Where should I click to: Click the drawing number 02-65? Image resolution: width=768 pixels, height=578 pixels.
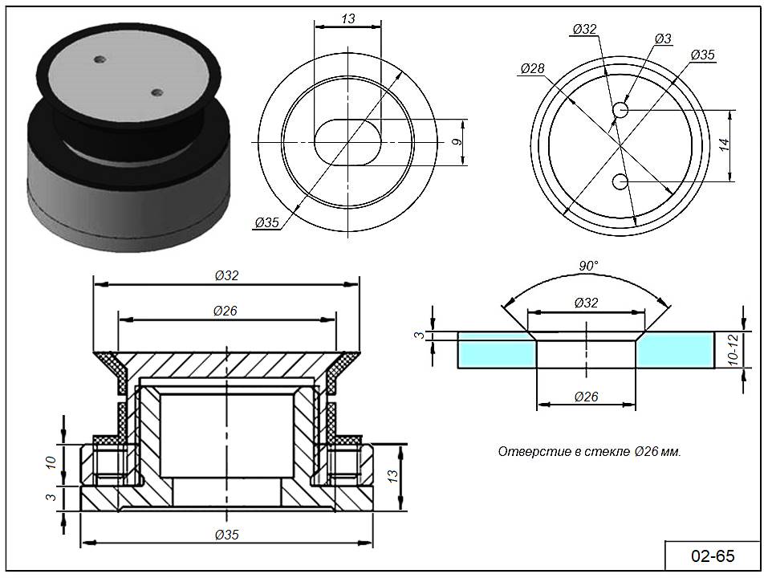(x=713, y=556)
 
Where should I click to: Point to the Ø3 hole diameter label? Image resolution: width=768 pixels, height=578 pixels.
(x=663, y=39)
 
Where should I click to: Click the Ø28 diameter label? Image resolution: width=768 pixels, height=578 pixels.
(x=532, y=69)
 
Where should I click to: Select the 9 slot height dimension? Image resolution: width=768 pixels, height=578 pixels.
(x=457, y=143)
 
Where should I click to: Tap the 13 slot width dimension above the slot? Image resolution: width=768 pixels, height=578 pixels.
(x=347, y=18)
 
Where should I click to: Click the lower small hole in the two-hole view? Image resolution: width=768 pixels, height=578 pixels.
(x=620, y=182)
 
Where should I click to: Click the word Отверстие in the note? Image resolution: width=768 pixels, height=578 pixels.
(x=526, y=452)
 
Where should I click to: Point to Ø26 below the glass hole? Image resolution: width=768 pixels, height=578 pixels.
(x=587, y=397)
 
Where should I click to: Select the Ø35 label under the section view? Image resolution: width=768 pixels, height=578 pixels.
(x=227, y=535)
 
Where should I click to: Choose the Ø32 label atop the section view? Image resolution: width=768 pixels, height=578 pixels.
(x=227, y=275)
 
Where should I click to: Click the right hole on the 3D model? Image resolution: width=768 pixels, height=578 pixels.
(x=156, y=92)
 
